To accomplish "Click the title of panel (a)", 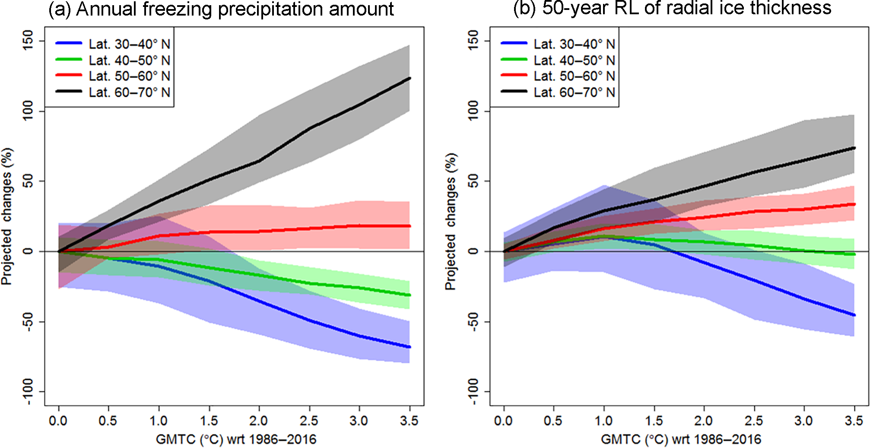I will coord(221,9).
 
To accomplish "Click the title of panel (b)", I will coord(672,8).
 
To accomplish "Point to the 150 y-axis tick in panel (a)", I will coord(29,41).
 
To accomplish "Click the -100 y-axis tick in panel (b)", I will coord(474,391).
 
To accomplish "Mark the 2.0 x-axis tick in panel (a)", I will coord(259,421).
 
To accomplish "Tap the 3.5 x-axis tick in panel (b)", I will coord(854,421).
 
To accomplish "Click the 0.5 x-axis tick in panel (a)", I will coord(108,421).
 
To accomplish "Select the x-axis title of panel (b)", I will coord(681,440).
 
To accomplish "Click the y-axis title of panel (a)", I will coord(7,216).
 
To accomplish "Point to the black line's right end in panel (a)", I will coord(409,78).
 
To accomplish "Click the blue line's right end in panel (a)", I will coord(409,347).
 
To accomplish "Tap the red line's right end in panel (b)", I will coord(854,204).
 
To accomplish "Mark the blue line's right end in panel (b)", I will coord(854,315).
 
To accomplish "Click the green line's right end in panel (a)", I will coord(409,295).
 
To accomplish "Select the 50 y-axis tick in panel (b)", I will coord(474,181).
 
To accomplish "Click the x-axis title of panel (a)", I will coord(236,440).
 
